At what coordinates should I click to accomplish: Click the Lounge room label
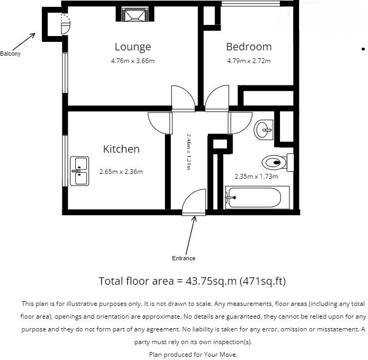(x=133, y=47)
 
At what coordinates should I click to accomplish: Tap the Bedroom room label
(x=248, y=47)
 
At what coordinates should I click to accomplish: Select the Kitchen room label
(x=121, y=149)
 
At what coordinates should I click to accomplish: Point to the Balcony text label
(x=10, y=54)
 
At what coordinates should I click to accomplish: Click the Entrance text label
(x=183, y=258)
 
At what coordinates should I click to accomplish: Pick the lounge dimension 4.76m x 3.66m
(x=133, y=61)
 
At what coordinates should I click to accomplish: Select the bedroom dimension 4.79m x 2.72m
(x=248, y=61)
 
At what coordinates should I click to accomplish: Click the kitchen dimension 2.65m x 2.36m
(x=121, y=171)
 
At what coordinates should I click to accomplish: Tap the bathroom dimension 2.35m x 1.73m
(x=257, y=176)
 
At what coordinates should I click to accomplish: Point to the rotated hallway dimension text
(x=188, y=151)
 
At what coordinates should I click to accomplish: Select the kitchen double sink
(x=81, y=171)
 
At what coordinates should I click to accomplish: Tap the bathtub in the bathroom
(x=253, y=198)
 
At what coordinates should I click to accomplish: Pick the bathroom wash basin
(x=264, y=129)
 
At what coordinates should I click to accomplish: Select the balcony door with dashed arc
(x=65, y=24)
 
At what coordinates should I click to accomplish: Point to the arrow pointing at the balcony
(x=23, y=41)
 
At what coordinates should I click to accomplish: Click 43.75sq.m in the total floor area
(x=205, y=281)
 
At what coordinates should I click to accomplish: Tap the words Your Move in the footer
(x=224, y=354)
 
